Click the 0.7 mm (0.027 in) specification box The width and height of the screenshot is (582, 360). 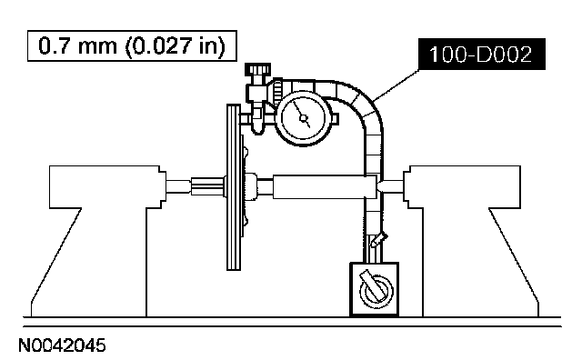(132, 46)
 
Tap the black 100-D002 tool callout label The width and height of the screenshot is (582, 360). (482, 55)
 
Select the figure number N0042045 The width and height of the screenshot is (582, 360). (62, 345)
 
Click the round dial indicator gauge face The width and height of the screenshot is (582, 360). (304, 118)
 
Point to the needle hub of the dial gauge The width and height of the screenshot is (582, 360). (304, 119)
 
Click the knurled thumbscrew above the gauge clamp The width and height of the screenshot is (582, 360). (258, 70)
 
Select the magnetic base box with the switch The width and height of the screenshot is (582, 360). (375, 289)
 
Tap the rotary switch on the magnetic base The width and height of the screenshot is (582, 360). (376, 289)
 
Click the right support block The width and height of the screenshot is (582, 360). (471, 241)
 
